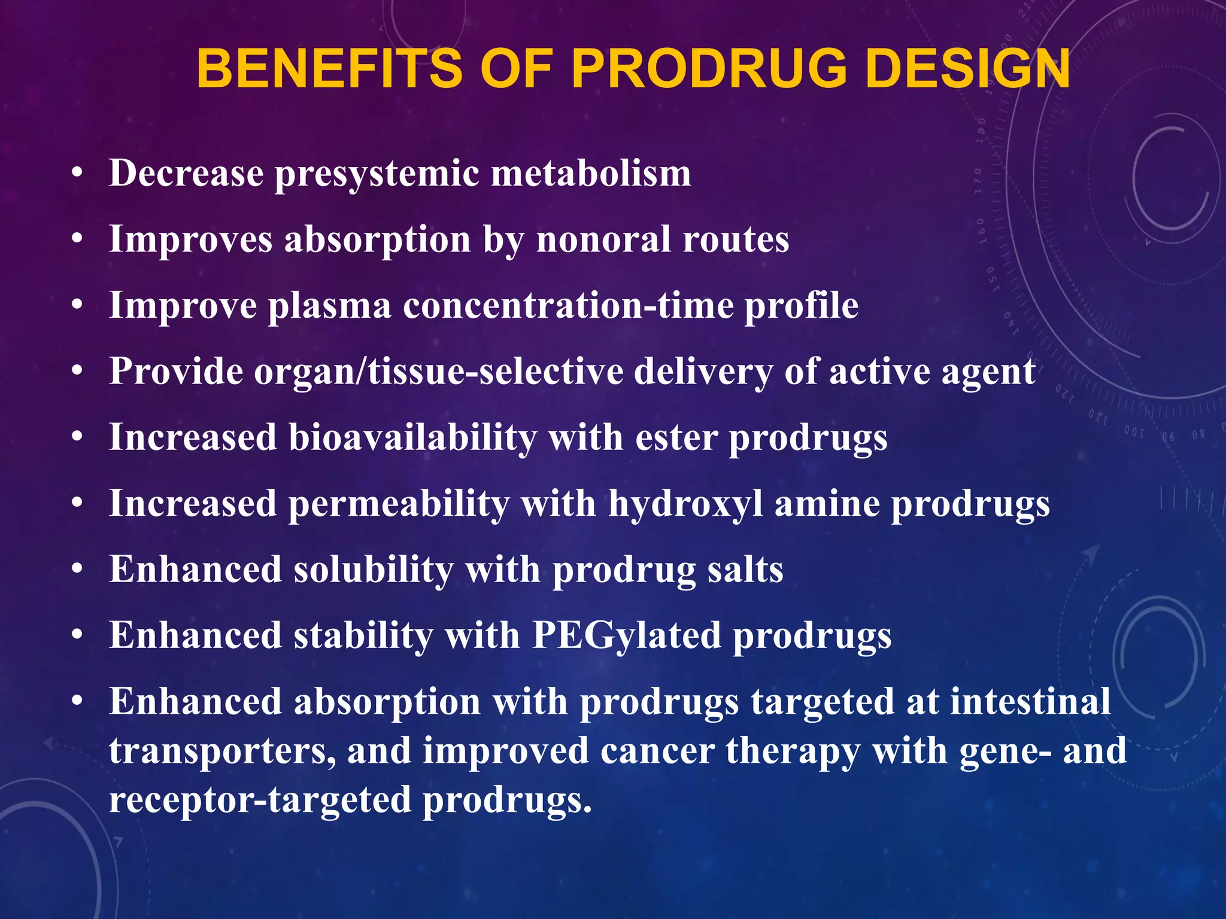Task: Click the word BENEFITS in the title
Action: (329, 69)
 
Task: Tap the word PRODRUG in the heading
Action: (709, 69)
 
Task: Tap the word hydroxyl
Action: (685, 504)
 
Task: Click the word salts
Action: (745, 570)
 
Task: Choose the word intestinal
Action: (1030, 701)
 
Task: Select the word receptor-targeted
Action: (260, 800)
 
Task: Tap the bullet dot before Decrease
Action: (76, 174)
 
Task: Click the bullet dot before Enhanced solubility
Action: (76, 570)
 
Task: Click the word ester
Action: (676, 438)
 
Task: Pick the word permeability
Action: (399, 504)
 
